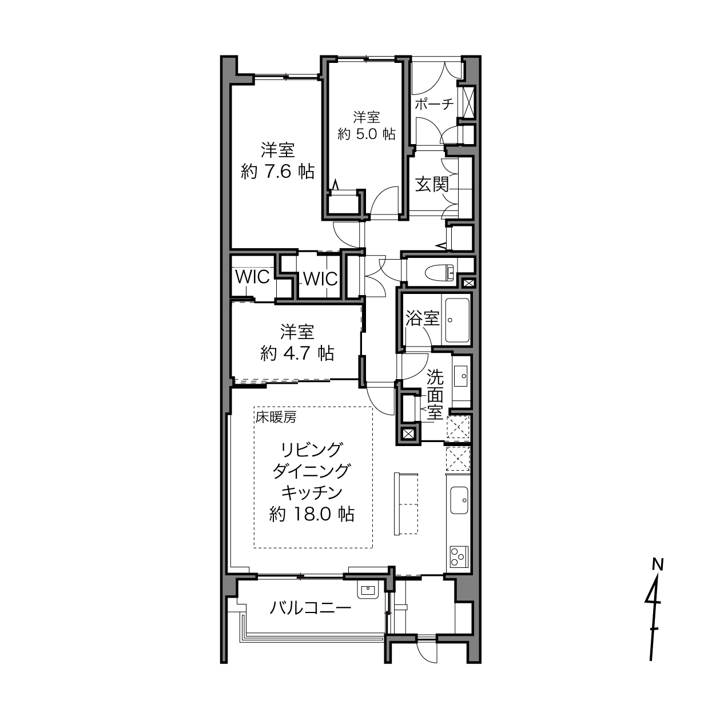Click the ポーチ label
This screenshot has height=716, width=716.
click(x=434, y=104)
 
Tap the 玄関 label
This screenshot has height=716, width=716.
click(x=432, y=184)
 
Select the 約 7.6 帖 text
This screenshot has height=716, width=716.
click(x=277, y=172)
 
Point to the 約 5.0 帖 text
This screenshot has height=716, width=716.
click(x=367, y=134)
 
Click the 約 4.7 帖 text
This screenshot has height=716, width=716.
click(x=297, y=353)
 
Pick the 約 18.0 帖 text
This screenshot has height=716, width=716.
click(x=311, y=514)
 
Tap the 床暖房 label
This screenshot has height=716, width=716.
click(x=275, y=417)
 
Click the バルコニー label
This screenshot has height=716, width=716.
click(x=311, y=608)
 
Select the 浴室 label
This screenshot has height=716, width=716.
click(x=422, y=319)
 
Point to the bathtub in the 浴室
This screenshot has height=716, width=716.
click(x=457, y=320)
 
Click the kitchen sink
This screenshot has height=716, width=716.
click(x=459, y=500)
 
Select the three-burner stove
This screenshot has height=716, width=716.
click(x=459, y=557)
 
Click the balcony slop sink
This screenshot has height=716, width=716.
click(x=368, y=590)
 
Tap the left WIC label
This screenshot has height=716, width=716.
click(x=252, y=277)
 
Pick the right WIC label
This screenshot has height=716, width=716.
click(x=320, y=279)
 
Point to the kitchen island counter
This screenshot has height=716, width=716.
click(x=406, y=503)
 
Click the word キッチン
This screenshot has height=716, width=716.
click(x=311, y=493)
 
